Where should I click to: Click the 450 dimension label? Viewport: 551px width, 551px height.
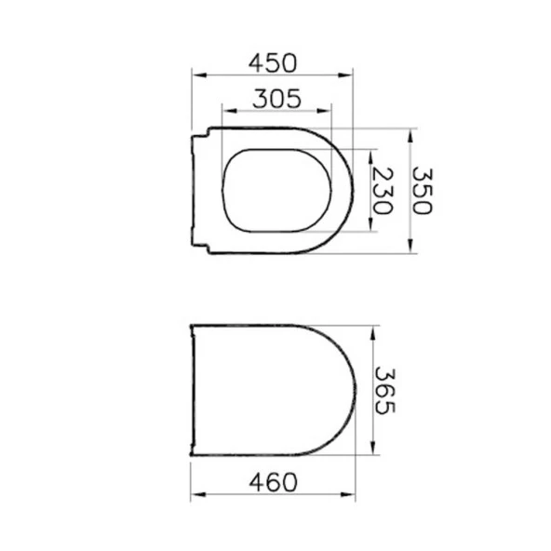pyautogui.click(x=272, y=62)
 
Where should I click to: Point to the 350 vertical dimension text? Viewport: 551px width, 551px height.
pyautogui.click(x=423, y=190)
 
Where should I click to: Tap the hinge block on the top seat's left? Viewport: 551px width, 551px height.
pyautogui.click(x=198, y=191)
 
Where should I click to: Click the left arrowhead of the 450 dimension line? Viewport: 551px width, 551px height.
pyautogui.click(x=195, y=74)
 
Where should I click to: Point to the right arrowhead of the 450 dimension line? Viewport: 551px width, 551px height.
pyautogui.click(x=351, y=74)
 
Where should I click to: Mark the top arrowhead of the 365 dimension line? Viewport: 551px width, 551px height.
pyautogui.click(x=373, y=329)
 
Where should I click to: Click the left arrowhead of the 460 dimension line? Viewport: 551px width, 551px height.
pyautogui.click(x=194, y=496)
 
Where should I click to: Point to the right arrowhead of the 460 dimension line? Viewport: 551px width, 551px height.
pyautogui.click(x=355, y=496)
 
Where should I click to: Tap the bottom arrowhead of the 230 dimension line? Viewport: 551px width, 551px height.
pyautogui.click(x=372, y=228)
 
